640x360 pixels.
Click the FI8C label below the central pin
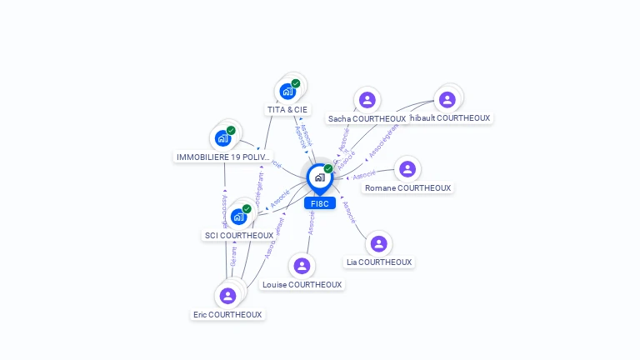pos(320,203)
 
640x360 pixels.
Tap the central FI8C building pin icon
pos(319,177)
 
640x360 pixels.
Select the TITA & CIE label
pos(287,109)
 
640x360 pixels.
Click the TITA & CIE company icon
pos(288,91)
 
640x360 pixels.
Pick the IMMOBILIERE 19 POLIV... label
pos(223,157)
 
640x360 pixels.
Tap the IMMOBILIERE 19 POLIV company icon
pos(222,138)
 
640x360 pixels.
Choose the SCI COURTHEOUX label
pos(239,235)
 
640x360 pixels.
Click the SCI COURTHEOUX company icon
pos(239,217)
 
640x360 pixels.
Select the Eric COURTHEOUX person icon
pos(227,296)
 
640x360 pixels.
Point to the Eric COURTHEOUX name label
pos(227,314)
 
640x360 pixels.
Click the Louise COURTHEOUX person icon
pos(302,266)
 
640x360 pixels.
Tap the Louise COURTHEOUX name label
pos(302,284)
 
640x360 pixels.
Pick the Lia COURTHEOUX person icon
pos(378,243)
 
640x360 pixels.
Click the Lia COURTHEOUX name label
pos(379,262)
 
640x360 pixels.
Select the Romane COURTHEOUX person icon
pos(407,169)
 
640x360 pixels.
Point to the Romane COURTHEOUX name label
pos(408,187)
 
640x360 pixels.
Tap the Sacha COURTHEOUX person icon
pos(367,100)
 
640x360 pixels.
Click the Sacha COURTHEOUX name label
pos(367,118)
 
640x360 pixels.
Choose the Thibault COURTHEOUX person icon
pos(447,99)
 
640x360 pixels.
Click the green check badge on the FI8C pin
pos(328,168)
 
